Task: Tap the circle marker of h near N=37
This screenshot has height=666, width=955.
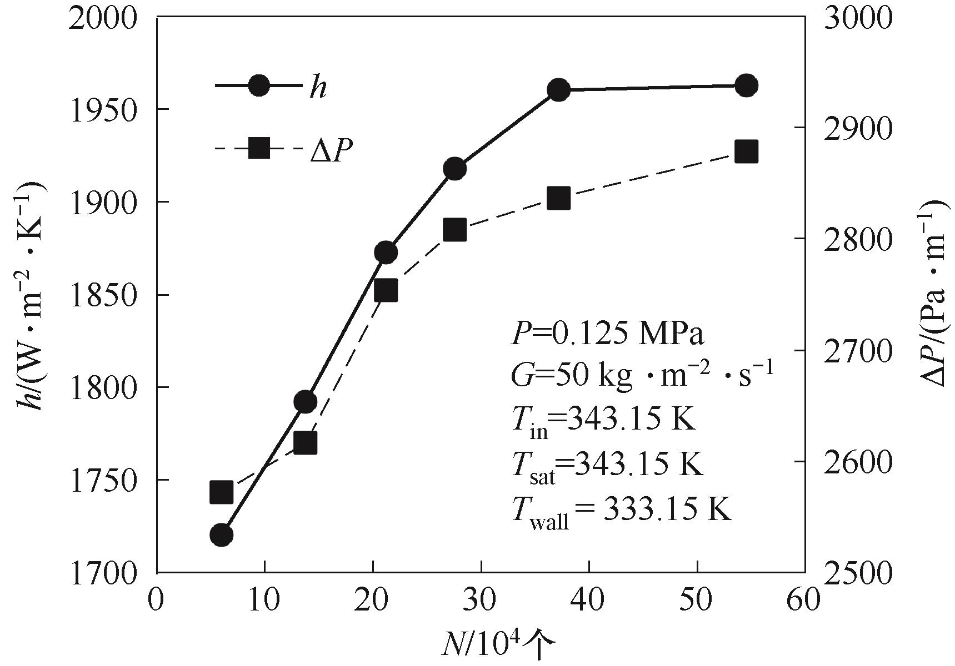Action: pos(559,89)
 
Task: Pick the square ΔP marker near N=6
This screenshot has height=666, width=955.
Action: pos(221,492)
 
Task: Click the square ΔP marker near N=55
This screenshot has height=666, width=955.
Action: pos(746,152)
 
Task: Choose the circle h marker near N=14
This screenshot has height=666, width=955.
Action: pos(305,402)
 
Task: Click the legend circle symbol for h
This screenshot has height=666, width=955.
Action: pos(259,85)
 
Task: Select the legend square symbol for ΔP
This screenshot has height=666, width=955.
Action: pos(259,149)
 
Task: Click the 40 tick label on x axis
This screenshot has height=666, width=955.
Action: pos(589,601)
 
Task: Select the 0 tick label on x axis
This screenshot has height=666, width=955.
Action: pos(157,601)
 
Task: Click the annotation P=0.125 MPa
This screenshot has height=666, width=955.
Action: pos(607,334)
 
